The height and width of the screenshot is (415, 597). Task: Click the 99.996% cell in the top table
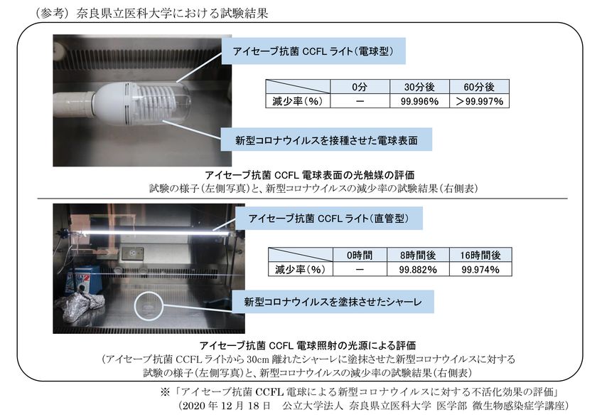coord(419,102)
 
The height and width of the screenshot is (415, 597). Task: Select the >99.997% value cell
coord(479,102)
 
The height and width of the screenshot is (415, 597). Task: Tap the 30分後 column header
coord(419,87)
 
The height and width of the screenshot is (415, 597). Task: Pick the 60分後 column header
coord(479,87)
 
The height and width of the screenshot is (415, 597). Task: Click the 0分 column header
coord(360,87)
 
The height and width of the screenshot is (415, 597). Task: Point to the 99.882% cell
coord(418,270)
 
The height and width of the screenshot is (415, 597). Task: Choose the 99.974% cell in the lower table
coord(479,270)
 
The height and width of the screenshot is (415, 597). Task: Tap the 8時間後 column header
coord(418,255)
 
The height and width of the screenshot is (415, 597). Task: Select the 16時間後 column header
coord(479,255)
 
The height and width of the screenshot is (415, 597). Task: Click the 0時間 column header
coord(360,255)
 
